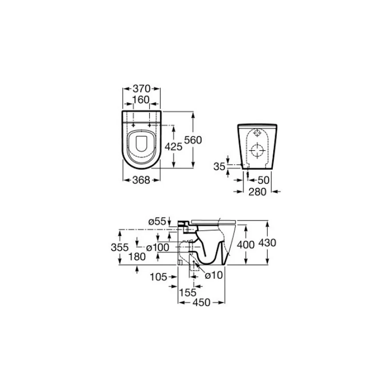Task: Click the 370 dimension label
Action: tap(142, 88)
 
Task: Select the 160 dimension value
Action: tap(141, 100)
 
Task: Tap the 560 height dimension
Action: tap(193, 140)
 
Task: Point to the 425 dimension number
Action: tap(173, 147)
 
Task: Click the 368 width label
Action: tap(141, 180)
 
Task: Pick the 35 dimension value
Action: tap(219, 167)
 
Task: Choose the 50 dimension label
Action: tap(264, 180)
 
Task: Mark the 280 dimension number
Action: tap(258, 192)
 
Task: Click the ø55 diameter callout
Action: tap(157, 221)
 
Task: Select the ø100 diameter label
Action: tap(158, 248)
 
